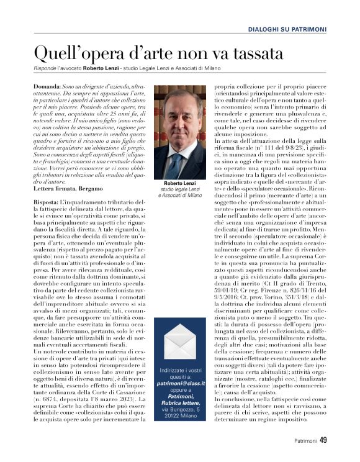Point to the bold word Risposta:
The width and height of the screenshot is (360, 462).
click(47, 202)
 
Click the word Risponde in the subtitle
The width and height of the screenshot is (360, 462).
click(47, 68)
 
